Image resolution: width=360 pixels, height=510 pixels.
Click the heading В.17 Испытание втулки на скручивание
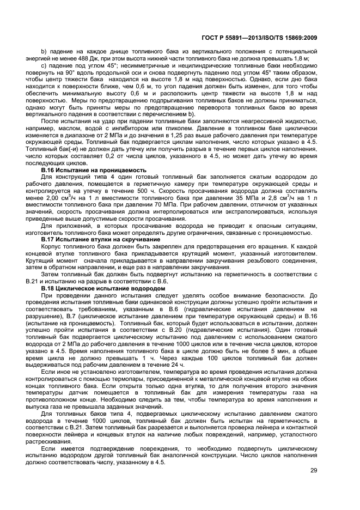(x=100, y=239)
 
